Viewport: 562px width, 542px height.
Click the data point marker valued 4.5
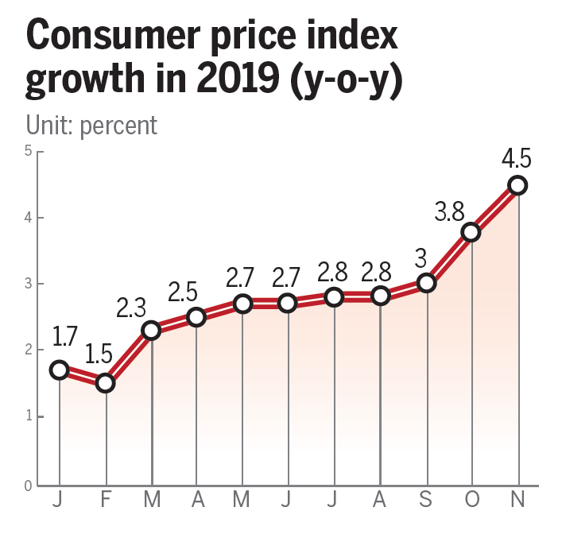[517, 185]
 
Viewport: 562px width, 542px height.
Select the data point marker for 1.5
[106, 383]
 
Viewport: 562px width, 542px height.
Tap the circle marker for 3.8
[471, 232]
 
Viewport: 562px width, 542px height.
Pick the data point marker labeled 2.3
[151, 331]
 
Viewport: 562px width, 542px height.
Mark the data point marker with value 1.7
[60, 370]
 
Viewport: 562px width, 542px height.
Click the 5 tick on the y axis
[28, 151]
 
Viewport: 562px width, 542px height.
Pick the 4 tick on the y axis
[28, 217]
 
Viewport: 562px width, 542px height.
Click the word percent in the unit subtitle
[118, 126]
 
